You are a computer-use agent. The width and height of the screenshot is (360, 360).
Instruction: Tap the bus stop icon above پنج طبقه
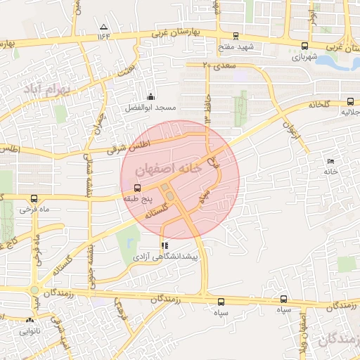click(136, 188)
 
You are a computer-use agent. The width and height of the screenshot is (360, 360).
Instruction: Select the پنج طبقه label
click(136, 199)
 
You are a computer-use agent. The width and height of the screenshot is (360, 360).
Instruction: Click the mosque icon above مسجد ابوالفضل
click(149, 96)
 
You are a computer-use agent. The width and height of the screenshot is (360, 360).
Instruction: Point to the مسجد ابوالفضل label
click(149, 108)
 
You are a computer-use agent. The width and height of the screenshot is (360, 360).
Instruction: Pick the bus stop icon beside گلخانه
click(351, 101)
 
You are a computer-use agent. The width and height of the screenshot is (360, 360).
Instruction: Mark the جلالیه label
click(351, 112)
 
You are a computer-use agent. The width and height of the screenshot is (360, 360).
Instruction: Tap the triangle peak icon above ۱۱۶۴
click(104, 27)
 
